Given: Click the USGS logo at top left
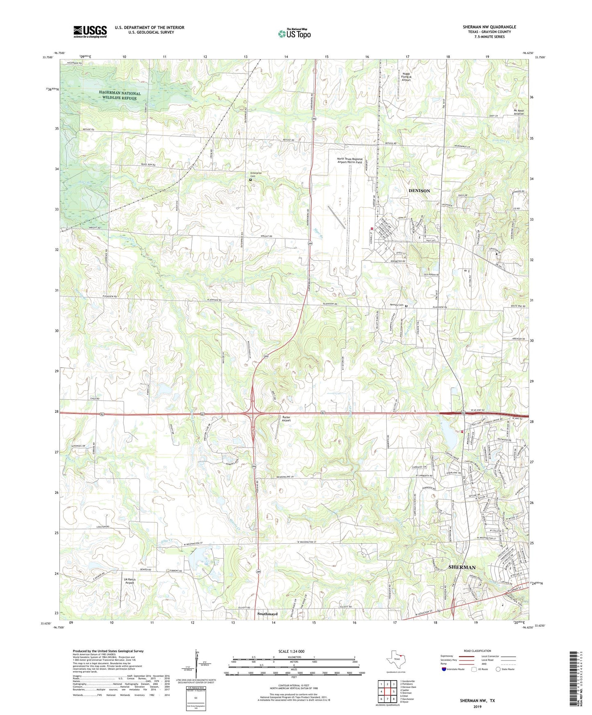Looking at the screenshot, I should (90, 31).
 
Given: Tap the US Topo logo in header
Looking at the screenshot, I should (295, 34).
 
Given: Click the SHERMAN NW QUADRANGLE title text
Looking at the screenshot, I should (489, 27).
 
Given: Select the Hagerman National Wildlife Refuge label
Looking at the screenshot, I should (120, 96).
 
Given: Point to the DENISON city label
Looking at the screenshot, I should (419, 191).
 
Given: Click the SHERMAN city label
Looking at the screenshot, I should (462, 567).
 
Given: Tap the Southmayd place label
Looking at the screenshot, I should (267, 614).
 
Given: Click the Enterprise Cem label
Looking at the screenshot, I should (256, 174).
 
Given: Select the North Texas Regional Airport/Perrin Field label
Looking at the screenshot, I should (349, 161).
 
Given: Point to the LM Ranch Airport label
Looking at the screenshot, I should (129, 581).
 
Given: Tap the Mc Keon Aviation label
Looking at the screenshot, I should (518, 112).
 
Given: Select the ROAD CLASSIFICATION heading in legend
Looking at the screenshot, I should (477, 651).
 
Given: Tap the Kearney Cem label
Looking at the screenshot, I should (397, 305).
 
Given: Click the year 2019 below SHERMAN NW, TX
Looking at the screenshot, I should (477, 706).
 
